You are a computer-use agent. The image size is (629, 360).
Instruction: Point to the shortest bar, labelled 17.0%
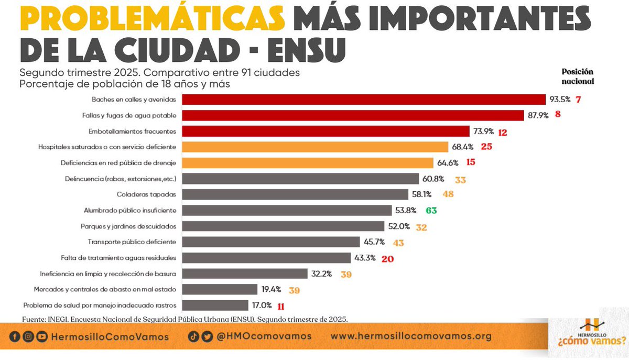click(x=215, y=305)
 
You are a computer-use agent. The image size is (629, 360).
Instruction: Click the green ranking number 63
click(x=431, y=211)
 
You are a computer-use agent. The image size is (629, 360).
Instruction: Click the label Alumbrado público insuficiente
click(x=129, y=210)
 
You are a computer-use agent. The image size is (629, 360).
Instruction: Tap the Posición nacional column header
click(x=577, y=77)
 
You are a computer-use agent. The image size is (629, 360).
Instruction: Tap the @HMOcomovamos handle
click(x=264, y=336)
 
